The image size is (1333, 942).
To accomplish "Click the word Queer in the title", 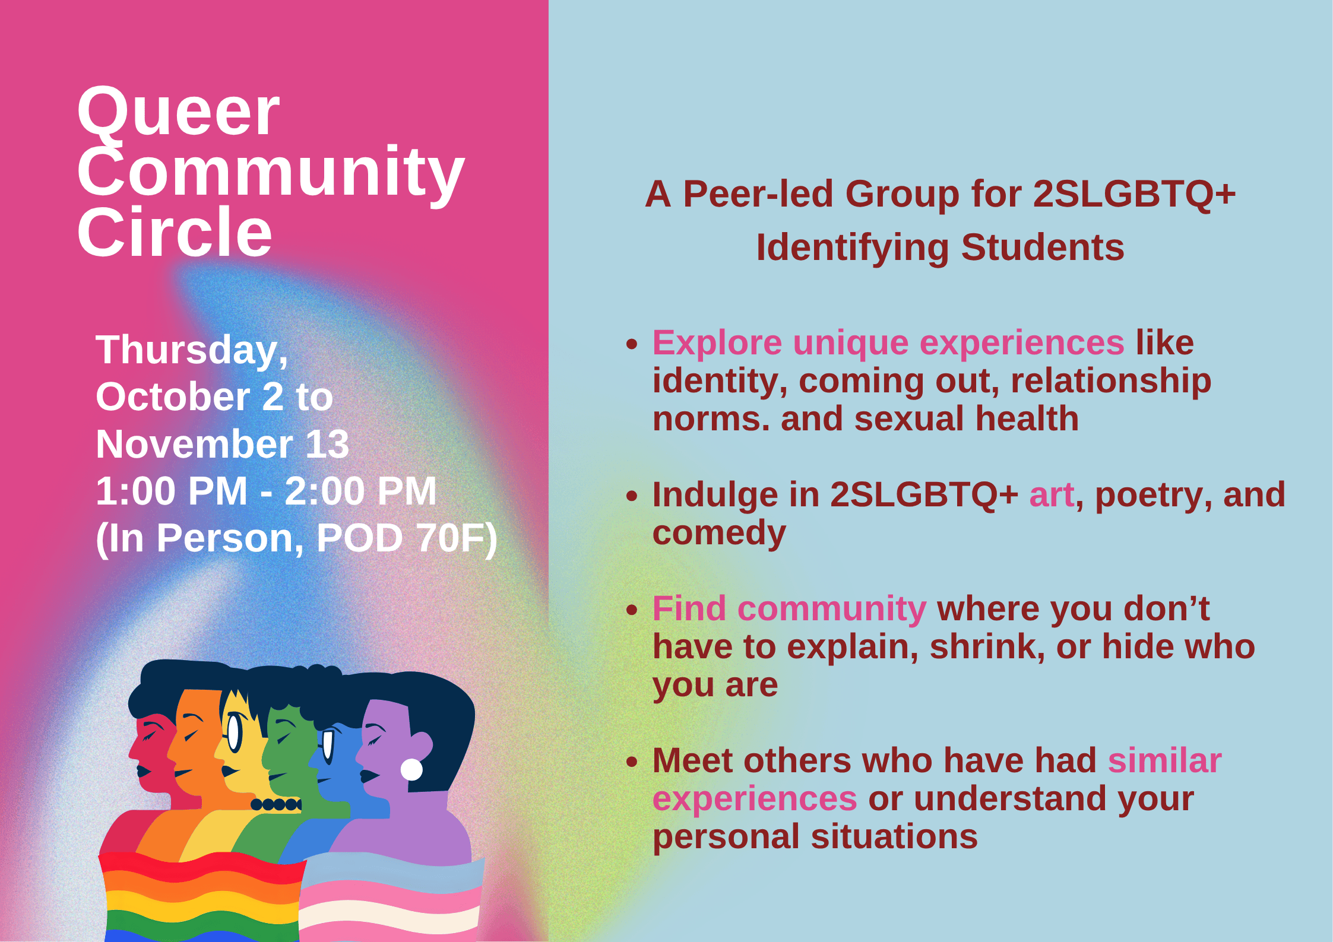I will (178, 113).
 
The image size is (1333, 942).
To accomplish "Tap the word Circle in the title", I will (175, 233).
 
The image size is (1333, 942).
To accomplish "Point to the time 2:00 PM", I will (360, 491).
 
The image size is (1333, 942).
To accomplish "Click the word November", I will (195, 444).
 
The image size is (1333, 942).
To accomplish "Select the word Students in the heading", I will (1043, 248).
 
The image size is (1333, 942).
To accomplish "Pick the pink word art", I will (1052, 495).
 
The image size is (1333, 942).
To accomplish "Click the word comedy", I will (719, 533).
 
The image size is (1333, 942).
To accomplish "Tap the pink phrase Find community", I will (789, 609).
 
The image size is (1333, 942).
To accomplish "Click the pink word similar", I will (1164, 761).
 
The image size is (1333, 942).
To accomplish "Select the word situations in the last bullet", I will (894, 837).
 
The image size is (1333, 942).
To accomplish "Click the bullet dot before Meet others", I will (632, 762).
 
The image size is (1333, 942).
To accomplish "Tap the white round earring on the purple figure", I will (411, 769).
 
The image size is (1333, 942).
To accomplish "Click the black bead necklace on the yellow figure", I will (277, 804).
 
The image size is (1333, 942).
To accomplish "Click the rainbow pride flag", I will (202, 896).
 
